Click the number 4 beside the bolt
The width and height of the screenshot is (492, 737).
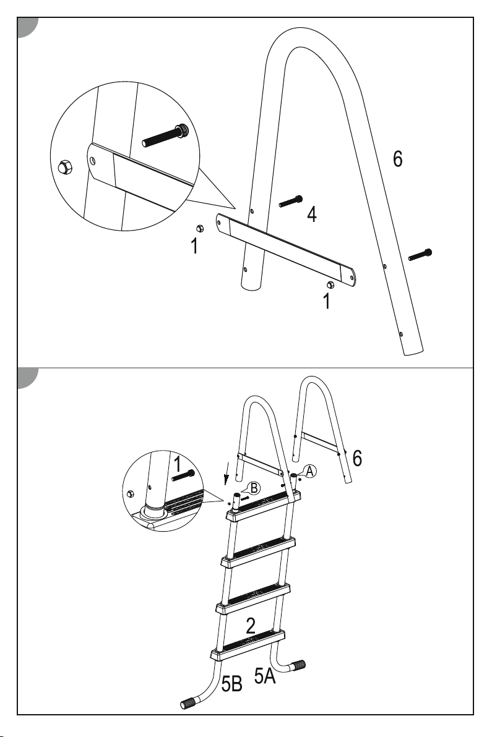pos(312,214)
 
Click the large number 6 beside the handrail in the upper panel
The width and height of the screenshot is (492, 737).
pos(398,159)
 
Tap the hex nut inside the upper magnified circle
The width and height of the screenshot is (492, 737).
pos(64,167)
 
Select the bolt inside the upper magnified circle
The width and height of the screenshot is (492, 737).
pos(165,135)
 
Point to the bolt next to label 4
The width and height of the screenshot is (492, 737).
pos(291,201)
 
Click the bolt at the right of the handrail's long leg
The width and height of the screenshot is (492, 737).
pos(420,254)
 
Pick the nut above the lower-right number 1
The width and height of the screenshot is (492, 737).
pos(330,284)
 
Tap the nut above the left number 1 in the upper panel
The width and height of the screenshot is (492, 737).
pos(199,228)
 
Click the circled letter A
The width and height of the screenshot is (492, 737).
pos(309,471)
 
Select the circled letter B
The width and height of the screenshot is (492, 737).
pos(254,488)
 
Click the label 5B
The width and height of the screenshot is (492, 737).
pos(232,684)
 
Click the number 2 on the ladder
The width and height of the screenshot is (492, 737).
pos(251,626)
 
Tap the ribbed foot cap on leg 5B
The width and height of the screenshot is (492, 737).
pos(189,703)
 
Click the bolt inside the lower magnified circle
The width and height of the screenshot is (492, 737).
pos(183,475)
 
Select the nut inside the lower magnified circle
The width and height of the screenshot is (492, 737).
pos(131,494)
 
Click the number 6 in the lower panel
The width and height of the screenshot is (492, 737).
pos(358,458)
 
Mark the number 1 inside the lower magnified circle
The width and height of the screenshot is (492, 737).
pos(178,464)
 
